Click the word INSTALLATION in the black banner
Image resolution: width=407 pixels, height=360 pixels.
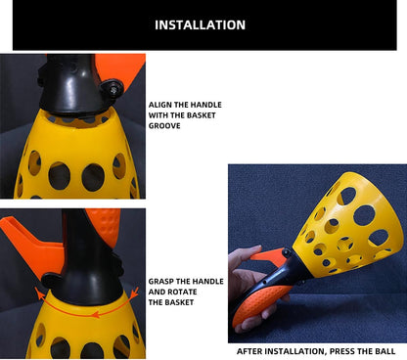coord(200,25)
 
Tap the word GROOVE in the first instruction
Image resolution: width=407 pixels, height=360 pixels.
coord(164,126)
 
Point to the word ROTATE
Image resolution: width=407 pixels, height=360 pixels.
coord(183,292)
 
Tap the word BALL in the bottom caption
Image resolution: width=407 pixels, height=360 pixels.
coord(385,351)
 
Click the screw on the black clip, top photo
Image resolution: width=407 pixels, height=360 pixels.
coord(113,89)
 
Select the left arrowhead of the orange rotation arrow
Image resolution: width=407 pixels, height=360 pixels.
coord(39,294)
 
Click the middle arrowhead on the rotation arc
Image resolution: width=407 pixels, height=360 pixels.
coord(95,314)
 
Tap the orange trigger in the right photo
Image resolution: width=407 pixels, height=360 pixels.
coord(269,254)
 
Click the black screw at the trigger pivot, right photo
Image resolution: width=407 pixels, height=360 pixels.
coord(287,252)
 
